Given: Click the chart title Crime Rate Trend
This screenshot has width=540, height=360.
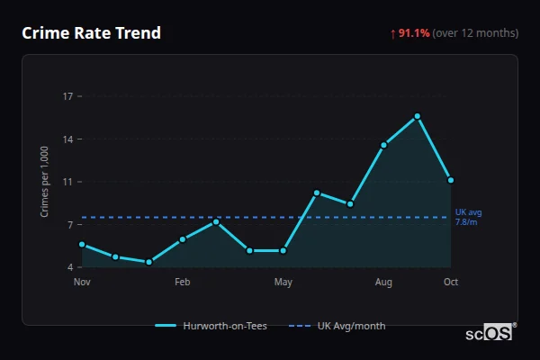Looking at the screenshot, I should click(91, 33).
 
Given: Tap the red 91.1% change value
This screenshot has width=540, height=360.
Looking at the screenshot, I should click(414, 33).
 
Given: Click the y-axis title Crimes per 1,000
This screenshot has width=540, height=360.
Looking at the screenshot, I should click(44, 182).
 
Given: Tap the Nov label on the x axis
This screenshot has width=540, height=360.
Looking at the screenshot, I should click(82, 283).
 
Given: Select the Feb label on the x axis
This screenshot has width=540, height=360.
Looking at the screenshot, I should click(183, 283).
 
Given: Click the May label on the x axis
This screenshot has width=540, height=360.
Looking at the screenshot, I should click(283, 283).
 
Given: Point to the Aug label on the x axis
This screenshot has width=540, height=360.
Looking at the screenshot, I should click(383, 283).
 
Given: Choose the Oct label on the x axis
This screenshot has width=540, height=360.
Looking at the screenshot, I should click(451, 283).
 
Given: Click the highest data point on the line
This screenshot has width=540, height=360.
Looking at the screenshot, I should click(418, 116).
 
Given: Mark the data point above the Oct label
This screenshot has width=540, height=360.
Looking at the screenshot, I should click(451, 180).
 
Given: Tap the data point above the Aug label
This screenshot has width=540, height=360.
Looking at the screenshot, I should click(384, 145).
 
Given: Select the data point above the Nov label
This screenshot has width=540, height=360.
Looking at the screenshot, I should click(82, 244).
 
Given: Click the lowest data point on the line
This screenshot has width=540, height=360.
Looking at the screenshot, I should click(148, 262).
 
